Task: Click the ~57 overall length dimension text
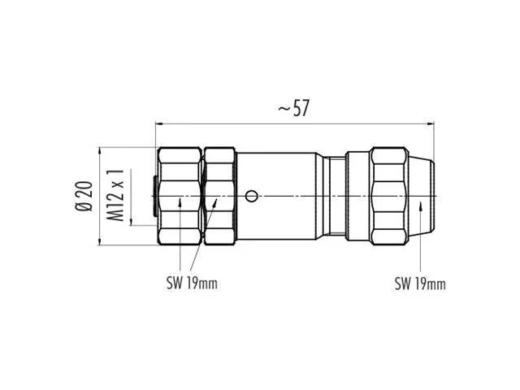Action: pyautogui.click(x=293, y=108)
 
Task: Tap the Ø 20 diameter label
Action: pyautogui.click(x=84, y=196)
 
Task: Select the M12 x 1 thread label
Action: pyautogui.click(x=115, y=195)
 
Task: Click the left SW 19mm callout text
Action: pyautogui.click(x=192, y=284)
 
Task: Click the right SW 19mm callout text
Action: pyautogui.click(x=420, y=284)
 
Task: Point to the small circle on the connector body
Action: pyautogui.click(x=251, y=196)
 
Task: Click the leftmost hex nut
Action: pyautogui.click(x=180, y=196)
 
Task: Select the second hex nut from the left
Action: pyautogui.click(x=219, y=196)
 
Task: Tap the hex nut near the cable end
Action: pyautogui.click(x=389, y=196)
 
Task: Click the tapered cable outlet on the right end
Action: pyautogui.click(x=421, y=196)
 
